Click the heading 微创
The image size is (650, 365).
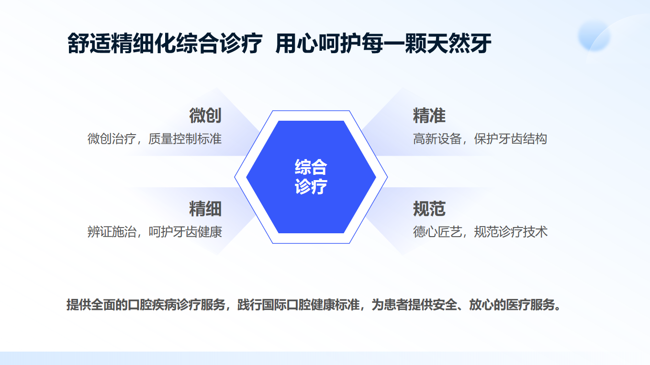[205, 115]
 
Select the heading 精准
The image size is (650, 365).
[429, 115]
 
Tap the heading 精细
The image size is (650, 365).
[205, 209]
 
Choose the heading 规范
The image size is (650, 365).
[429, 209]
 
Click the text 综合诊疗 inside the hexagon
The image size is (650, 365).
[311, 177]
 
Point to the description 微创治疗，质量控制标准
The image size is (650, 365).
[155, 139]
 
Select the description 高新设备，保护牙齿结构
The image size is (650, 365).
[480, 139]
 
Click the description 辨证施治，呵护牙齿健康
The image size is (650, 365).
[155, 232]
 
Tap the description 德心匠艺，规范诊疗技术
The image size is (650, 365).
[480, 232]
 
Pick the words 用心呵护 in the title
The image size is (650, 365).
[319, 44]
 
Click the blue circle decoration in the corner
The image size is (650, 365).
[594, 36]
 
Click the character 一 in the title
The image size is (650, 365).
[394, 44]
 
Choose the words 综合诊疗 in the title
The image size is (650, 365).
[219, 44]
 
